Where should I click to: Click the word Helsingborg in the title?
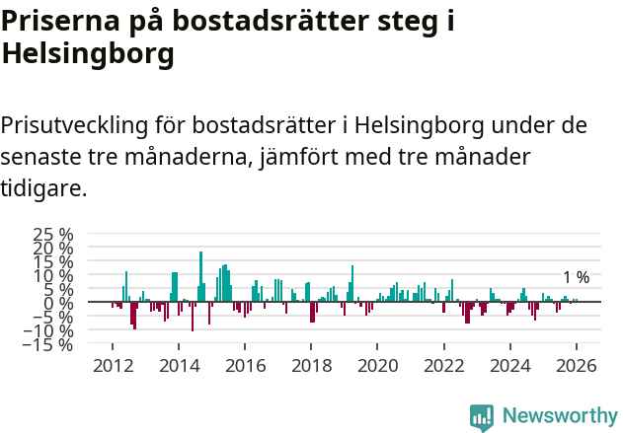(88, 54)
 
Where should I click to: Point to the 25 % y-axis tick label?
(53, 235)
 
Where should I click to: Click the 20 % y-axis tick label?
(53, 249)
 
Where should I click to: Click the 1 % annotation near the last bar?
(576, 278)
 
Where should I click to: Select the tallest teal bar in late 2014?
(200, 276)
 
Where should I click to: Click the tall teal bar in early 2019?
(352, 283)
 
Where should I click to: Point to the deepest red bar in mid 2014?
(193, 317)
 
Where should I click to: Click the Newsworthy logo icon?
(482, 417)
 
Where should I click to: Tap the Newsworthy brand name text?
(559, 416)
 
